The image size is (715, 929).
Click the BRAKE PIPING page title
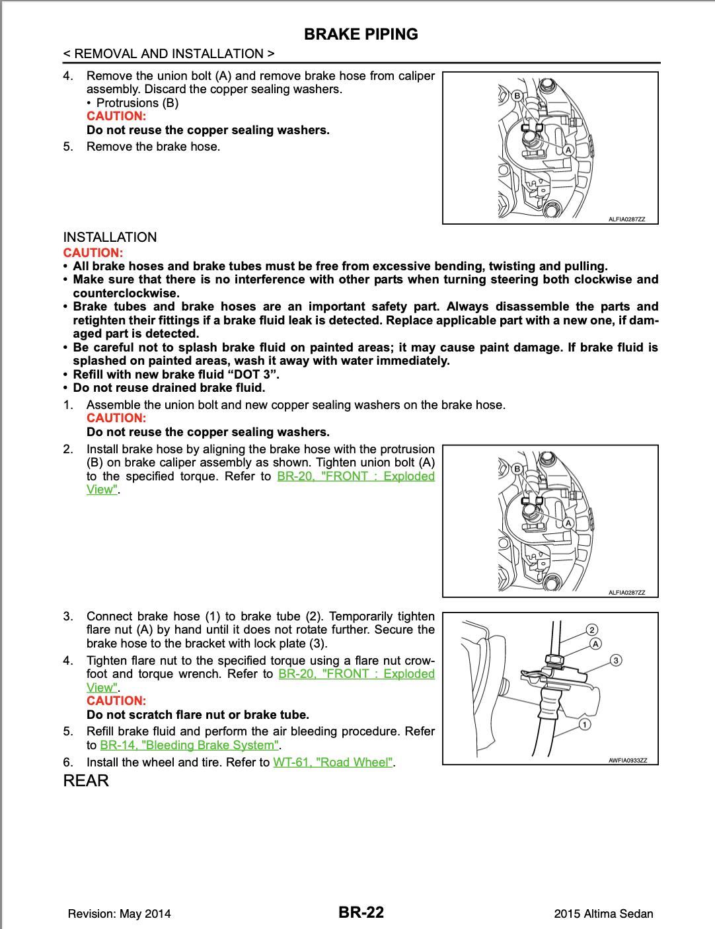[x=361, y=34]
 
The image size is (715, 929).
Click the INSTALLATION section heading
[x=110, y=237]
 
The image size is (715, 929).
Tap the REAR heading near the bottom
[x=86, y=780]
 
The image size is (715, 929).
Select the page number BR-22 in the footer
[x=361, y=912]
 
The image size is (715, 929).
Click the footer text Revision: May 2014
[x=119, y=914]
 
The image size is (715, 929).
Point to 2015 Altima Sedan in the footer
[x=604, y=914]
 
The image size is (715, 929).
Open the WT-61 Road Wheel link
[x=333, y=762]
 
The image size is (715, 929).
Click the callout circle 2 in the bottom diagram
[x=593, y=629]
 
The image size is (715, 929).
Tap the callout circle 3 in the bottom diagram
[x=616, y=659]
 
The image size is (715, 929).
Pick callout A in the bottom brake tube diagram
[x=595, y=644]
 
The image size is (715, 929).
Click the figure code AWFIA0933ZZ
[x=628, y=760]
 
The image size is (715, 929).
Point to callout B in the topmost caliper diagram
[x=518, y=96]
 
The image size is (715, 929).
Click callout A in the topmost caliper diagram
[x=567, y=150]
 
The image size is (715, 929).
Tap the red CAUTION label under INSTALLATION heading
[x=93, y=252]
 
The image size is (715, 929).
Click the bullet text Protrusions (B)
[x=137, y=102]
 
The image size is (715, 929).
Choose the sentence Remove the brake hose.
[x=153, y=147]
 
